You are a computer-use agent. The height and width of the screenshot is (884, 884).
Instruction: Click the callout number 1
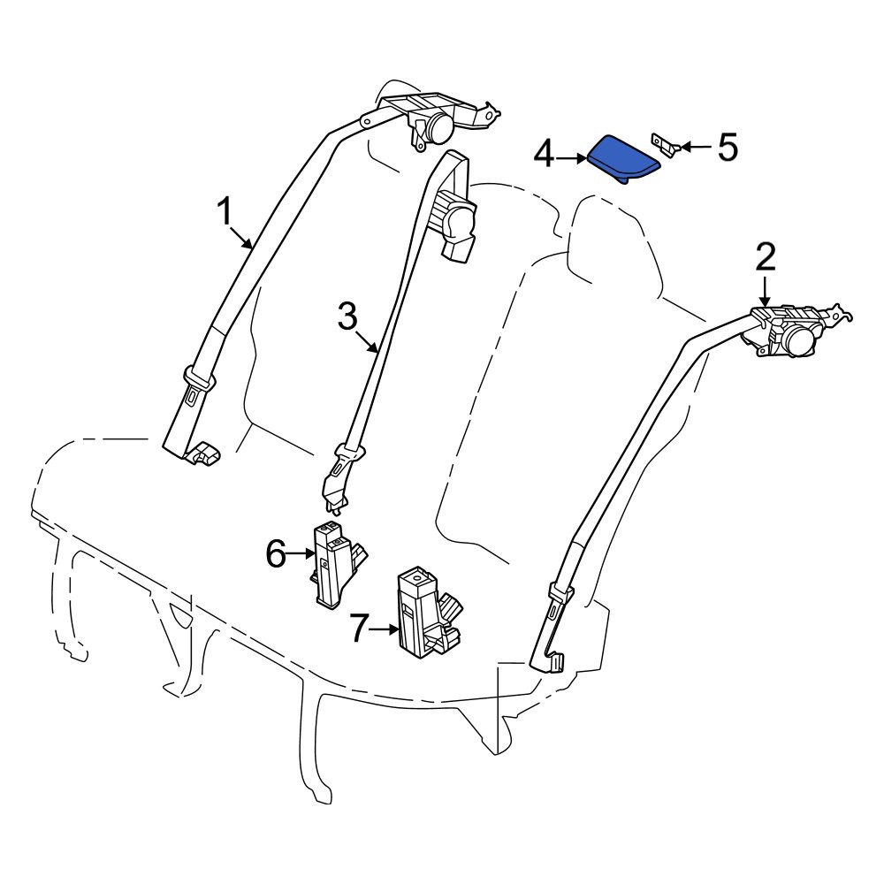(x=225, y=211)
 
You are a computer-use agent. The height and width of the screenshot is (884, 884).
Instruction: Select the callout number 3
(x=347, y=316)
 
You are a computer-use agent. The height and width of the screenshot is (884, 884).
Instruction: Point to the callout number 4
(x=544, y=155)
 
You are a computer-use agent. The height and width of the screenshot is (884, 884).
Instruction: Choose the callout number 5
(x=728, y=147)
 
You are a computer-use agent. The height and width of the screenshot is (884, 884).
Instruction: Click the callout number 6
(x=276, y=553)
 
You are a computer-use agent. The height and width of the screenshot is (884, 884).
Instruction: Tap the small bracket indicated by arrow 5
(x=666, y=143)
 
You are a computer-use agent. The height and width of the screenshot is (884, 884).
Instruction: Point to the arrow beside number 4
(x=571, y=159)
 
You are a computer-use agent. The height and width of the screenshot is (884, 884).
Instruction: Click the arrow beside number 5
(x=697, y=148)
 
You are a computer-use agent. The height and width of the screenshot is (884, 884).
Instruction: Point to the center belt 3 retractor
(x=454, y=226)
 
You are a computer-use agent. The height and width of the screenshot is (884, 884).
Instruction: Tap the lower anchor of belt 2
(x=556, y=662)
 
